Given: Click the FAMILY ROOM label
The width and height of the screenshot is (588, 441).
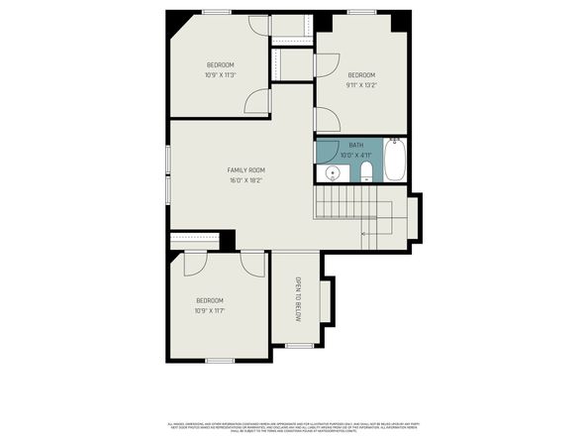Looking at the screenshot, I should (x=245, y=169).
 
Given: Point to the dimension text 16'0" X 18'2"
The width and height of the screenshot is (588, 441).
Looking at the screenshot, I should (x=245, y=180).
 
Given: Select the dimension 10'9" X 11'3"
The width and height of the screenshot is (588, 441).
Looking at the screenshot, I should (x=220, y=74).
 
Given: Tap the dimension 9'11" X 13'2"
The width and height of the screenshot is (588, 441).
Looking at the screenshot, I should (x=361, y=85).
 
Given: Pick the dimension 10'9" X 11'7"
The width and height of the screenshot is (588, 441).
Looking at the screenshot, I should (x=209, y=311).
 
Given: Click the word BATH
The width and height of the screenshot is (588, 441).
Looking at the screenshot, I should (x=355, y=146).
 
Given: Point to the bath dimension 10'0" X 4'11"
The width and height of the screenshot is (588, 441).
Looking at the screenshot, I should (x=355, y=156).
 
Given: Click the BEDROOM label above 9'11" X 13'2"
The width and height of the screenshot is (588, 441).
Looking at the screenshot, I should (x=361, y=75).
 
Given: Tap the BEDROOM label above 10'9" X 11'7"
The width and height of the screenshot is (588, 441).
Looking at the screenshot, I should (x=209, y=300).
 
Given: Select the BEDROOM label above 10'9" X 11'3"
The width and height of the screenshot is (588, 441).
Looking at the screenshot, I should (x=220, y=64).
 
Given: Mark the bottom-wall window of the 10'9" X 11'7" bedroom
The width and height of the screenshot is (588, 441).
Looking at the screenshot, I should (x=219, y=360).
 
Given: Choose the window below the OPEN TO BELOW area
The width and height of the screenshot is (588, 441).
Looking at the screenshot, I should (x=297, y=345).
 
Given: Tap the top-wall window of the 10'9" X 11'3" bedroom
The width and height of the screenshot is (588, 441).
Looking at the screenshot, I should (x=217, y=11).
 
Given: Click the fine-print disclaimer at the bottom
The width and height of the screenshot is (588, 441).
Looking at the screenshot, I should (x=294, y=423).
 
